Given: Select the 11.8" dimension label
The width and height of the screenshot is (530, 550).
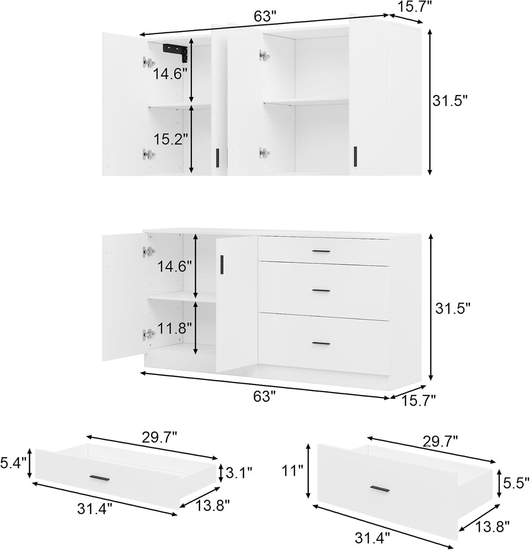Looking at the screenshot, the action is pos(174,328).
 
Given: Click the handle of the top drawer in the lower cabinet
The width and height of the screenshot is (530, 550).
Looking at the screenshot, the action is pos(321,251).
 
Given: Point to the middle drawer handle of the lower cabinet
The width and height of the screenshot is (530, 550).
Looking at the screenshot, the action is pos(321,291).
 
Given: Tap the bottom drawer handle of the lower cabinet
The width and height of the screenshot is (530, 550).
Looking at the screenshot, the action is pos(321,343).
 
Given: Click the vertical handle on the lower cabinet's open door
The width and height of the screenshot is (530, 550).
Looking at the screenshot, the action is pos(222,265).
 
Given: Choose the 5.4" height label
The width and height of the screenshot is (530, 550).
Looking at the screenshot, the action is pos(13,463).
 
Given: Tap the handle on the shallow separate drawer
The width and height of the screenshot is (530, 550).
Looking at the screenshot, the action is pos(100,478).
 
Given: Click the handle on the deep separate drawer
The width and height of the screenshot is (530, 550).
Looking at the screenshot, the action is pos(380,489).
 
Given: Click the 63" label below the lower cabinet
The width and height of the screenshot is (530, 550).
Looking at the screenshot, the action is pos(264,397).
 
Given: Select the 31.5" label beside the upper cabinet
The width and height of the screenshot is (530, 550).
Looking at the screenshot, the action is pos(450,101).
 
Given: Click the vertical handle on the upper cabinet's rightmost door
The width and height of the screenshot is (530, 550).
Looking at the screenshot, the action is pos(355,156).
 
